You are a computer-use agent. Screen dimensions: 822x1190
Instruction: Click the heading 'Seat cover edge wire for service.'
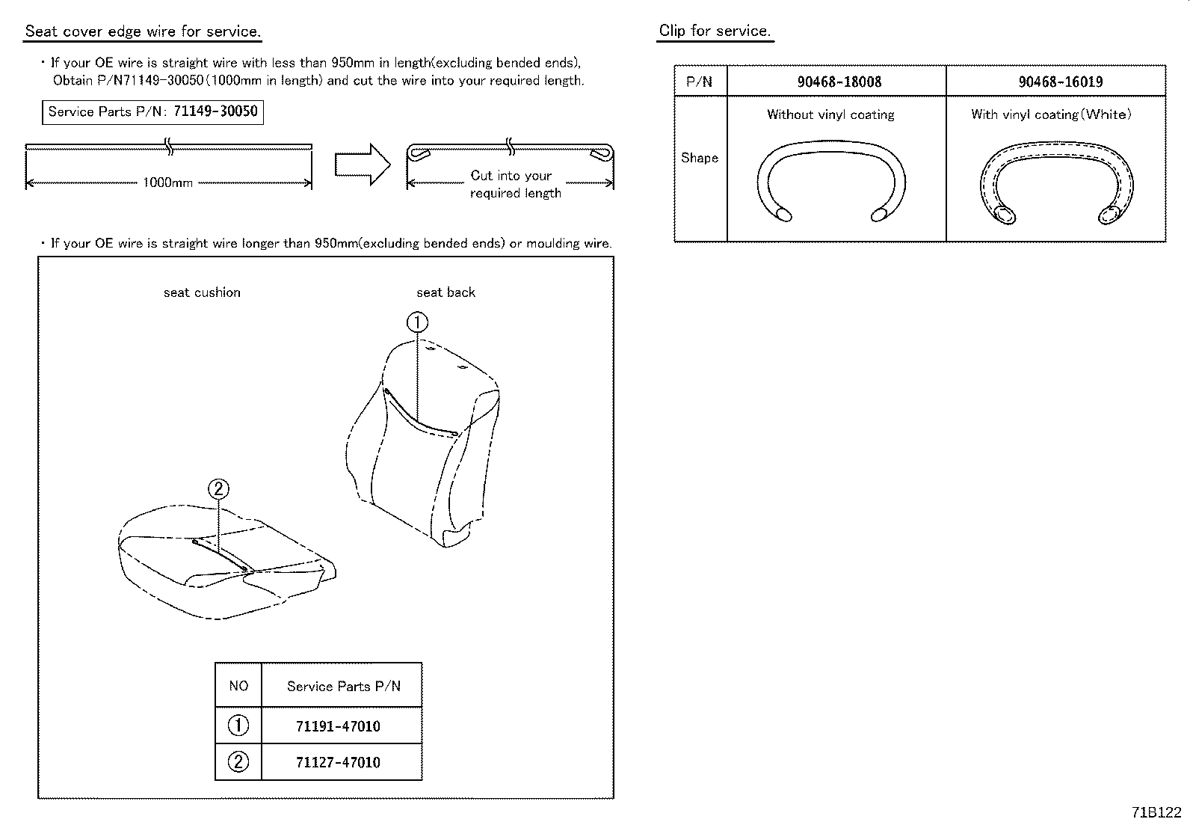pos(143,31)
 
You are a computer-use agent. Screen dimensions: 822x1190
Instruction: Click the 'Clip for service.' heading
pos(714,31)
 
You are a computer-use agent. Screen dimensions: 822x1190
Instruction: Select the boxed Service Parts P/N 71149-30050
pos(152,112)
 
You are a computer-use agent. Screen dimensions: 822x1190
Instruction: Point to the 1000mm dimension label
pos(168,183)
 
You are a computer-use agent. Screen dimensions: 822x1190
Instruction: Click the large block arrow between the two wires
pos(362,164)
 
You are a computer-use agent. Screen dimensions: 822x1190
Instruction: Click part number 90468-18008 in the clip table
pos(839,82)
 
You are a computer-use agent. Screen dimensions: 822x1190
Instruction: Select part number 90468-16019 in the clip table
pos(1060,82)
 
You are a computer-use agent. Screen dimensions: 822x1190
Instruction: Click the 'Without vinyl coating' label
pos(830,114)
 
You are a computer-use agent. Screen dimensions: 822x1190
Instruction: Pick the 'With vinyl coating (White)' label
pos(1051,114)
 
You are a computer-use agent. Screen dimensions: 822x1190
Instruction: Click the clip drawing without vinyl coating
pos(830,180)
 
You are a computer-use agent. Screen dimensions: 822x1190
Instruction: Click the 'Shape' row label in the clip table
pos(700,158)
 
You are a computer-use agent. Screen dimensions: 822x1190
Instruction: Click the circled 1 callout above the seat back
pos(417,322)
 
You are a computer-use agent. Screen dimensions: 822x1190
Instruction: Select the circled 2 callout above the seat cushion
pos(218,489)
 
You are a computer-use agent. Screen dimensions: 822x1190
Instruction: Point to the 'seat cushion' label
pos(202,292)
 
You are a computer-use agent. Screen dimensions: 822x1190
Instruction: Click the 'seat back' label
pos(446,292)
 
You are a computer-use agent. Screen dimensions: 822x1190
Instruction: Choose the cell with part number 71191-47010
pos(338,726)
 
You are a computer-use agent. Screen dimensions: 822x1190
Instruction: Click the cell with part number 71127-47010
pos(338,762)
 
